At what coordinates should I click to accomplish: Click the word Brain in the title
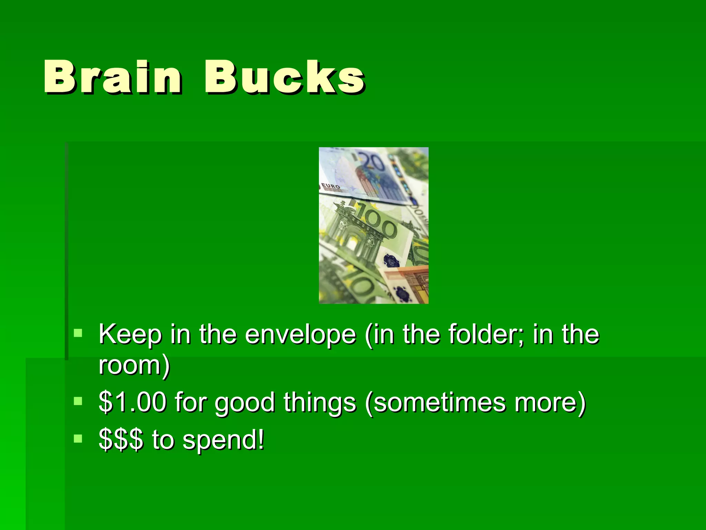112,77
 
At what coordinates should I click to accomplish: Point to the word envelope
300,335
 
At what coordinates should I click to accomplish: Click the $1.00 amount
132,402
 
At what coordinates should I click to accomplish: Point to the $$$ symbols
121,440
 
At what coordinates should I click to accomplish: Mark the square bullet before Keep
78,333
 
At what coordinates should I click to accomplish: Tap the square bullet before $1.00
78,401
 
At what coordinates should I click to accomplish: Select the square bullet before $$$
78,438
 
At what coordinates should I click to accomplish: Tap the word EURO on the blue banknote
331,187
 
